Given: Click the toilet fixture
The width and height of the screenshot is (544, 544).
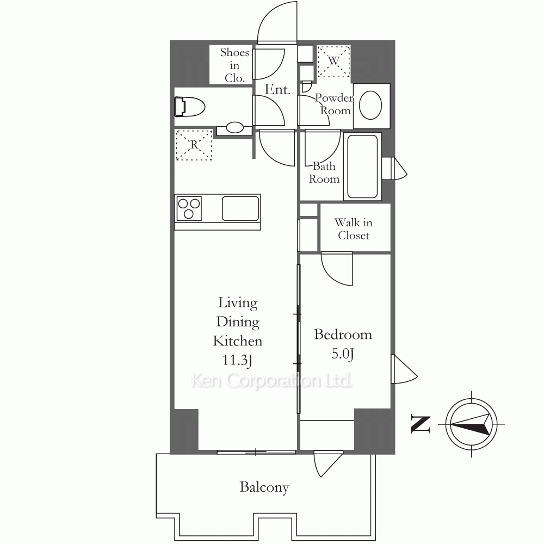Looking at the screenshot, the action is (x=190, y=107).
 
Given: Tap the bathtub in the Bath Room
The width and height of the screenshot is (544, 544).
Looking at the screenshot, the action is (x=362, y=166).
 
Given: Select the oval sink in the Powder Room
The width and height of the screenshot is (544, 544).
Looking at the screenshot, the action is (x=370, y=105).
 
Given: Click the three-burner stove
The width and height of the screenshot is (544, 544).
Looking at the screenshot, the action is (x=189, y=208).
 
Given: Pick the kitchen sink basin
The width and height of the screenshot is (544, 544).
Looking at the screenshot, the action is (x=240, y=208).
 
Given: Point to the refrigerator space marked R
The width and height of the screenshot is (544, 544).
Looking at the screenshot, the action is (x=194, y=145).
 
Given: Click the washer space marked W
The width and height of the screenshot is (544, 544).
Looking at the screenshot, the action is (x=334, y=61).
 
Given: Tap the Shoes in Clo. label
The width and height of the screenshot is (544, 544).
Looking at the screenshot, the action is (x=234, y=65).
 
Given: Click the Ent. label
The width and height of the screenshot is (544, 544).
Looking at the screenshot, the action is (x=277, y=90).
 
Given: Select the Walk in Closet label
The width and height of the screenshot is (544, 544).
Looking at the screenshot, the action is (x=354, y=228).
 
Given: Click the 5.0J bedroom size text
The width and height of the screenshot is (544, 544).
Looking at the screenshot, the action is (x=342, y=354).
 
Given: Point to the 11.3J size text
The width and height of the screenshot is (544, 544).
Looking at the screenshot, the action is (x=237, y=360).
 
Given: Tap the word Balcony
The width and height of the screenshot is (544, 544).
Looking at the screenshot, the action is (x=264, y=487).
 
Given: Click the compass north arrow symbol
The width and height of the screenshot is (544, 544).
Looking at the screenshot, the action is (x=471, y=424).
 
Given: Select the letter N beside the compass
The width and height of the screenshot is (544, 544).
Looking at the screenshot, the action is (x=421, y=424).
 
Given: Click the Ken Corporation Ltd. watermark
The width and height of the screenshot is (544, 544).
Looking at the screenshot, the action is (x=271, y=381).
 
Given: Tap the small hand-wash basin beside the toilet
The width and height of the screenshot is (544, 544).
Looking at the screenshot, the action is (x=234, y=128).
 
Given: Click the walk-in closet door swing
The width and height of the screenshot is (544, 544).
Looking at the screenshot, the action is (x=337, y=269).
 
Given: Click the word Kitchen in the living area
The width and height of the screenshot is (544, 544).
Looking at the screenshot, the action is (x=237, y=341).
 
